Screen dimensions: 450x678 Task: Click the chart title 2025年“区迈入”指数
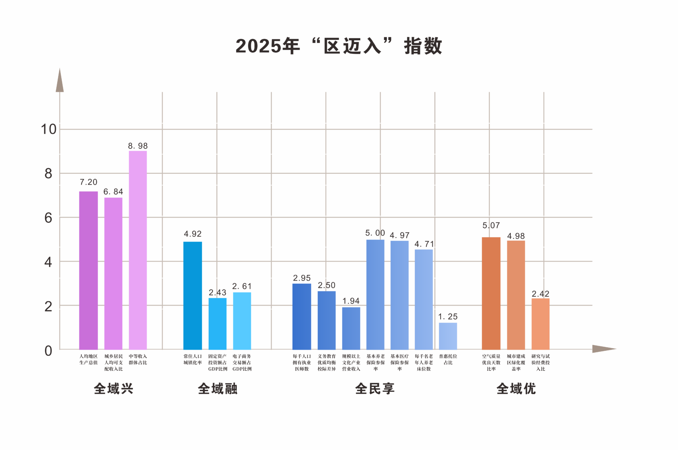[339, 46]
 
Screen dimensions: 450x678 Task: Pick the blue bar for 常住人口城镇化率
[193, 295]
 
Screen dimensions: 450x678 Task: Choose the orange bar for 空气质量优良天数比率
[491, 293]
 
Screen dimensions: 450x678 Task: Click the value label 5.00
[375, 233]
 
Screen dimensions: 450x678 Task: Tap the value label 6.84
[113, 192]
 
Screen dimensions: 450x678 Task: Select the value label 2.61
[242, 286]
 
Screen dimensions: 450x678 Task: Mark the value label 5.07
[491, 226]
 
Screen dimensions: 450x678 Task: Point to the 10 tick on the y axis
[49, 129]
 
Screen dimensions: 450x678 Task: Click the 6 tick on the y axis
[48, 218]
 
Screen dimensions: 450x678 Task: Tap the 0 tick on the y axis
[48, 351]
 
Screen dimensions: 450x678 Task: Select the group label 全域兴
[114, 389]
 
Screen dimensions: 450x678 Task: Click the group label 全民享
[375, 389]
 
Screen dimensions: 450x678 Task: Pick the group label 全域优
[516, 389]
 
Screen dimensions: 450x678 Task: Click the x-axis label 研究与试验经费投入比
[540, 362]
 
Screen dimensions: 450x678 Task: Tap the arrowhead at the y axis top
[60, 81]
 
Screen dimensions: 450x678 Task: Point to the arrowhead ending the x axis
[603, 349]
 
